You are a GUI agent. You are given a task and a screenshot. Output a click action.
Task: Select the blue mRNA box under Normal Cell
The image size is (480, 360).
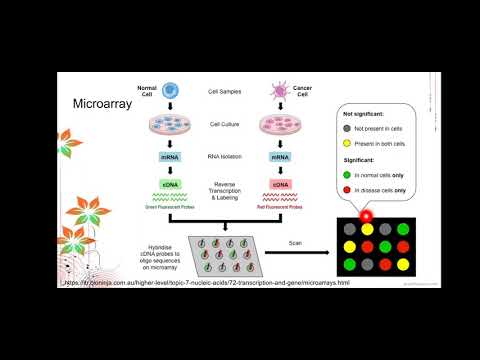(169, 156)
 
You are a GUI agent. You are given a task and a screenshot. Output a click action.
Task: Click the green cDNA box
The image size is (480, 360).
(169, 184)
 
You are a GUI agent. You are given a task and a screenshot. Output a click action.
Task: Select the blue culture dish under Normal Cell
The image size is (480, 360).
(169, 126)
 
